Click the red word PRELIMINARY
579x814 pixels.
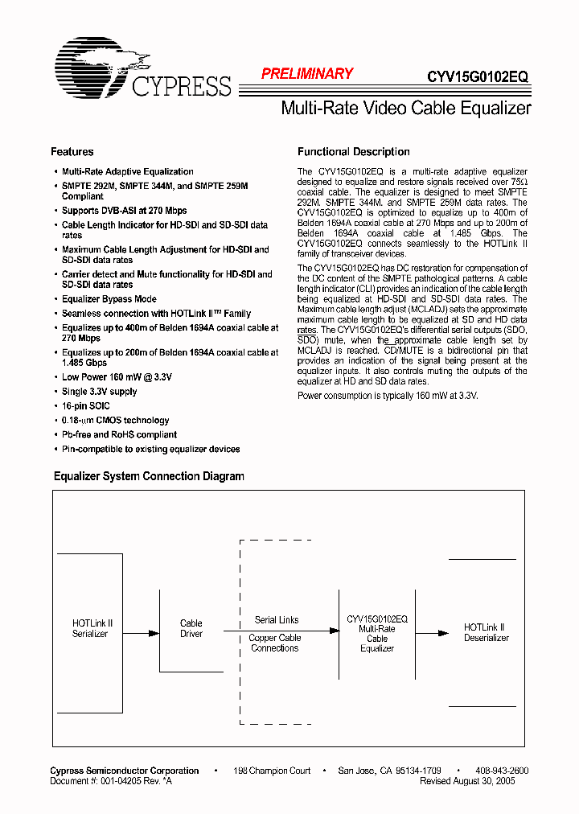tap(307, 74)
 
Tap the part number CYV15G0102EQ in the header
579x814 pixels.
tap(478, 76)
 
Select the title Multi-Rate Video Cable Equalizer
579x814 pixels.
tap(405, 108)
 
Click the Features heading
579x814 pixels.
tap(72, 152)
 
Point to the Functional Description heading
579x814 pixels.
tap(353, 152)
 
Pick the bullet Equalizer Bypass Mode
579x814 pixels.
tap(109, 299)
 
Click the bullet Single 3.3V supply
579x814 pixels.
tap(99, 392)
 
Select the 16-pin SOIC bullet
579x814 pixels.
tap(85, 406)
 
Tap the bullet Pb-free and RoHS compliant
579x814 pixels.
tap(119, 435)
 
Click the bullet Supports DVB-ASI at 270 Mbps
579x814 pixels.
tap(124, 211)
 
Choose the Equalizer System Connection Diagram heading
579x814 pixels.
tap(149, 476)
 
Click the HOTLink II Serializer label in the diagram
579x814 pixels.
tap(92, 628)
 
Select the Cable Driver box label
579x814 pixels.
tap(191, 628)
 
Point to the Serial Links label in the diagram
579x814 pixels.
tap(276, 620)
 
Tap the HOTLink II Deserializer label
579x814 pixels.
tap(486, 632)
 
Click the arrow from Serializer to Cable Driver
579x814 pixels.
tap(142, 633)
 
